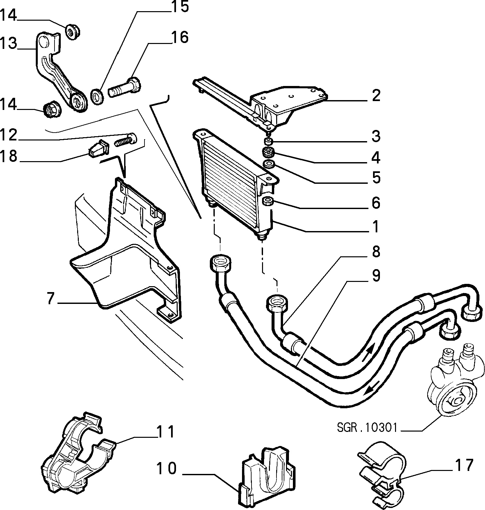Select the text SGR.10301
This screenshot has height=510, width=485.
click(367, 428)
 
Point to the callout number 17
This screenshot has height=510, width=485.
click(464, 465)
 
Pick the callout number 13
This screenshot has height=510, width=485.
click(8, 43)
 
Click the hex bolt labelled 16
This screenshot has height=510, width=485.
click(125, 88)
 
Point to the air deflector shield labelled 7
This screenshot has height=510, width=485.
click(125, 249)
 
